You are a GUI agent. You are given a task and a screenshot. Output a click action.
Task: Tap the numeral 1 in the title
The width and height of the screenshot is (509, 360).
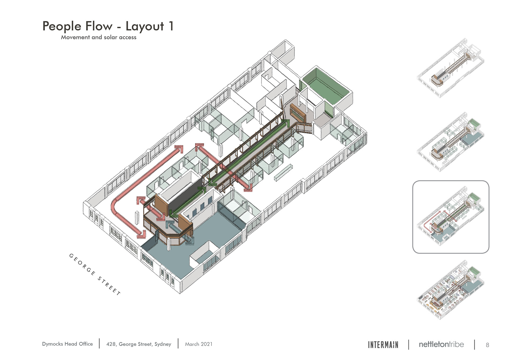pyautogui.click(x=171, y=26)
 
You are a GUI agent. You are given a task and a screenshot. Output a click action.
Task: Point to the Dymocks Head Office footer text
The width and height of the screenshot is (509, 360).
pyautogui.click(x=67, y=344)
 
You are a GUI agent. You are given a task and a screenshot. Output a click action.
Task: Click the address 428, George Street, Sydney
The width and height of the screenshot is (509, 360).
pyautogui.click(x=139, y=344)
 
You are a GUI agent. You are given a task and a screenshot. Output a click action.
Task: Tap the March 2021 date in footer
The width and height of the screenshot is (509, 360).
pyautogui.click(x=199, y=344)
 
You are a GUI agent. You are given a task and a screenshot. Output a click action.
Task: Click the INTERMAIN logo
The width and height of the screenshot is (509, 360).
pyautogui.click(x=383, y=345)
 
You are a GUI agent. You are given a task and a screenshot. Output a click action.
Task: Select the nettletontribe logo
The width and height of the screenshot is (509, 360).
pyautogui.click(x=441, y=344)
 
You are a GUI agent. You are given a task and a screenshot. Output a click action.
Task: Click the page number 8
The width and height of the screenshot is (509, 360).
pyautogui.click(x=487, y=345)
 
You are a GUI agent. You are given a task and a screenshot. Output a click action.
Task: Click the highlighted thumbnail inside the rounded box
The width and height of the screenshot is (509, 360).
pyautogui.click(x=451, y=217)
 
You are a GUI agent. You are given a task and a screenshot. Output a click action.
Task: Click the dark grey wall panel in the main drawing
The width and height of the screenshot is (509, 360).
pyautogui.click(x=183, y=196)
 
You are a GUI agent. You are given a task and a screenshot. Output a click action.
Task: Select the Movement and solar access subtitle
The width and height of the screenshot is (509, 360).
pyautogui.click(x=99, y=37)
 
